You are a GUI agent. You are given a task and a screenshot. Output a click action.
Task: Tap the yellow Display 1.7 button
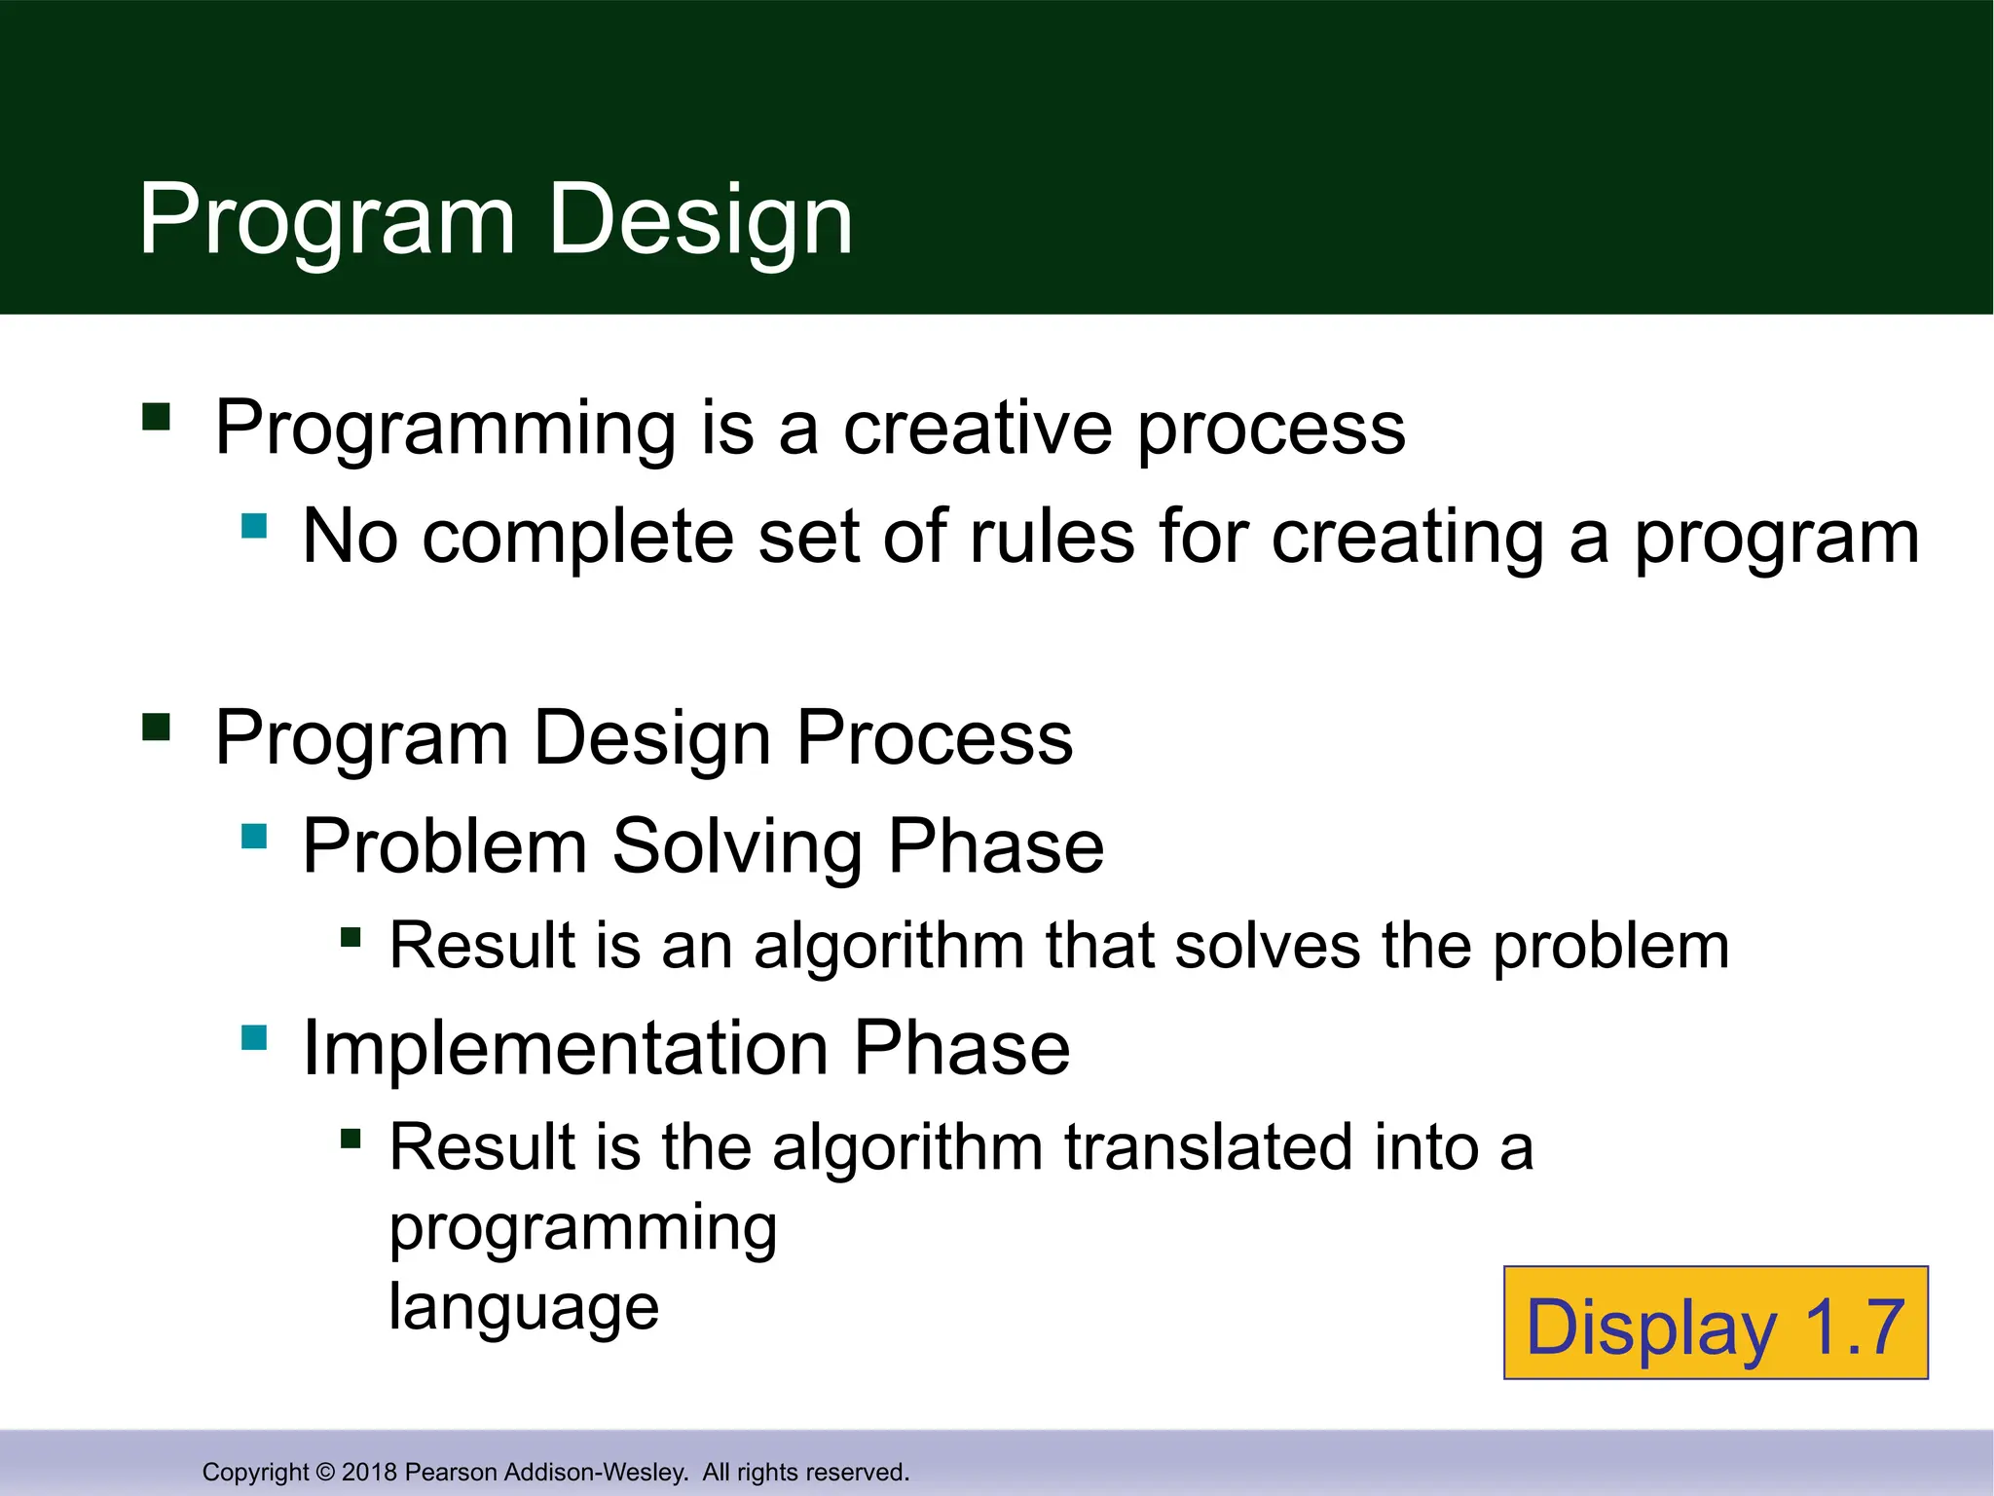pyautogui.click(x=1716, y=1324)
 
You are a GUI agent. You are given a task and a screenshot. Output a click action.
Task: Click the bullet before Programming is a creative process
pyautogui.click(x=156, y=417)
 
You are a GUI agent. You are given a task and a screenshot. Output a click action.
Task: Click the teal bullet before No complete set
pyautogui.click(x=254, y=526)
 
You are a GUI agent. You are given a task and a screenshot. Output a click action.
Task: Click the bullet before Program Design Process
pyautogui.click(x=156, y=728)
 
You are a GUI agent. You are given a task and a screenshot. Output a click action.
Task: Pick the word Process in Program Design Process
pyautogui.click(x=935, y=738)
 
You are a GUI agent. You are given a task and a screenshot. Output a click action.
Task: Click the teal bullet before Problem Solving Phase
pyautogui.click(x=254, y=836)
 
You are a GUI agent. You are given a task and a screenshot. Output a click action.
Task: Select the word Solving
pyautogui.click(x=737, y=846)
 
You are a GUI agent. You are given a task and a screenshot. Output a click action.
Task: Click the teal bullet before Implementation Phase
pyautogui.click(x=254, y=1037)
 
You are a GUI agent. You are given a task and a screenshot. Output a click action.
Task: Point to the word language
pyautogui.click(x=524, y=1307)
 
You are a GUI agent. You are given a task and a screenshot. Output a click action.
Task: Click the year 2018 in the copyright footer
pyautogui.click(x=369, y=1472)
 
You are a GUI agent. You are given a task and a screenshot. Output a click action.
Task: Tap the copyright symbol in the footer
pyautogui.click(x=325, y=1472)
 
